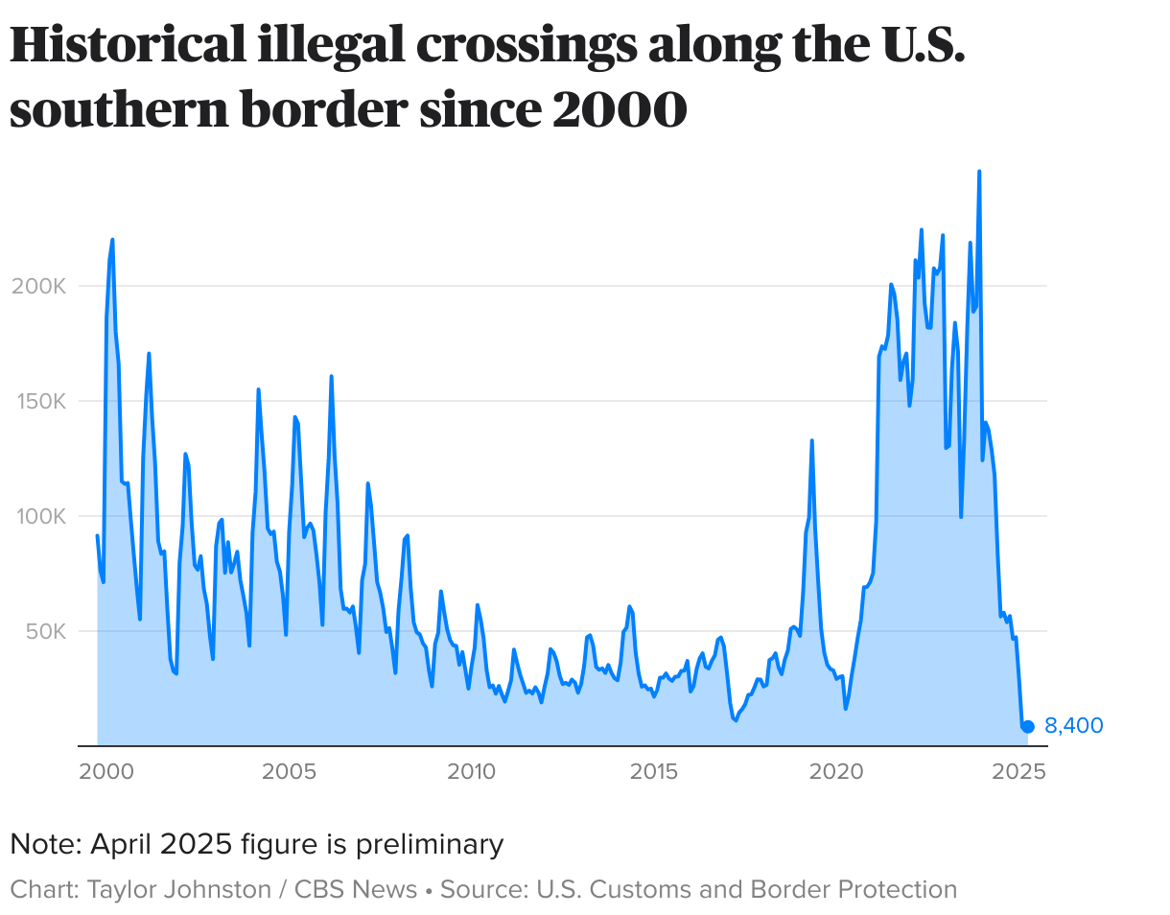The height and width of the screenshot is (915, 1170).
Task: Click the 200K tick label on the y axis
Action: tap(38, 287)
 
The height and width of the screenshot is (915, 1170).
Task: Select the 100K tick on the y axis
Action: tap(39, 517)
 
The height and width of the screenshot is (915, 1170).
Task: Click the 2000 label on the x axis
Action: tap(105, 771)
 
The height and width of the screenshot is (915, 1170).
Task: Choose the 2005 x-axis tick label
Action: tap(289, 771)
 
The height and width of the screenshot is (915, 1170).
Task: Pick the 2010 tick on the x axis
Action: tap(472, 771)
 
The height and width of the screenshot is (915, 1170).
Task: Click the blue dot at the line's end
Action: tap(1027, 727)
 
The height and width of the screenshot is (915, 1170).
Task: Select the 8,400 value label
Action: tap(1073, 726)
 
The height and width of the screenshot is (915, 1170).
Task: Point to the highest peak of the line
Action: tap(978, 172)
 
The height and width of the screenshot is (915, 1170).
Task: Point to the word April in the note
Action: tap(122, 845)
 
